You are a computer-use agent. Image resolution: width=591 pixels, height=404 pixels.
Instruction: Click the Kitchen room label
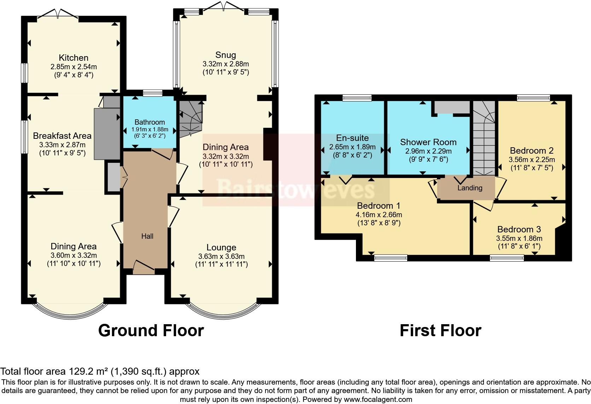click(x=74, y=58)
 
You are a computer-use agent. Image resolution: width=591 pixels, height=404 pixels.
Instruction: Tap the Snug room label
click(x=226, y=55)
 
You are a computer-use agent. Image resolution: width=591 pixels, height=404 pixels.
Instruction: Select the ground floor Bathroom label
click(x=150, y=122)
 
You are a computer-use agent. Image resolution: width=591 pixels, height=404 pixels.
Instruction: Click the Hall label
click(x=147, y=236)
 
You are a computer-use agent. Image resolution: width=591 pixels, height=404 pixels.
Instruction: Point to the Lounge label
click(x=221, y=248)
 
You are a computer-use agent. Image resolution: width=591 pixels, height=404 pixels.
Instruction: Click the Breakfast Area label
click(x=62, y=136)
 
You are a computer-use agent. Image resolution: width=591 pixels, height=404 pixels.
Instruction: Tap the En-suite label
click(x=352, y=138)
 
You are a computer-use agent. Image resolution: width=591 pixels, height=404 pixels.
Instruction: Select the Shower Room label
click(x=428, y=142)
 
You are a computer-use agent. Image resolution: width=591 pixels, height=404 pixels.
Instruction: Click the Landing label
click(x=470, y=188)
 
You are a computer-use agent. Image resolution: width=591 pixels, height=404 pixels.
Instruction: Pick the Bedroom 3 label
click(x=519, y=230)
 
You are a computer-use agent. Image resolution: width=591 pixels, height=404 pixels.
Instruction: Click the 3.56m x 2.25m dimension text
click(x=532, y=160)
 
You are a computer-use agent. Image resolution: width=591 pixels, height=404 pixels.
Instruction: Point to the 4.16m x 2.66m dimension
click(x=379, y=215)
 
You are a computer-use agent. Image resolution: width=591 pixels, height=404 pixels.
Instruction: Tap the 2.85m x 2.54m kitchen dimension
click(x=74, y=66)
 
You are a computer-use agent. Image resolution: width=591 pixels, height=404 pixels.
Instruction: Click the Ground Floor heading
click(x=151, y=331)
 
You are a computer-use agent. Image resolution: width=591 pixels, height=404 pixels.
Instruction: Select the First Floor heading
click(x=440, y=331)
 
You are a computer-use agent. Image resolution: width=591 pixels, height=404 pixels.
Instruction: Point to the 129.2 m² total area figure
click(x=87, y=371)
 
